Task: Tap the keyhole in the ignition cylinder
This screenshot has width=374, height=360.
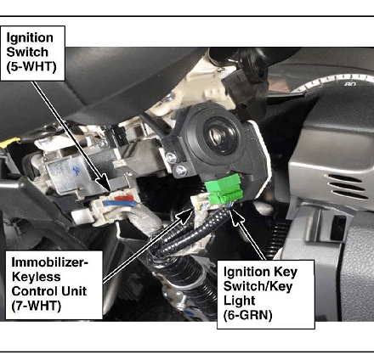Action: point(220,135)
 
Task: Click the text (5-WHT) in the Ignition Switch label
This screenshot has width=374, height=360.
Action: point(31,67)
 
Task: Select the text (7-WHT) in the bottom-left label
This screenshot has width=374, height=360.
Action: point(37,306)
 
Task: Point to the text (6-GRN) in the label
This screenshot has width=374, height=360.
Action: point(248,315)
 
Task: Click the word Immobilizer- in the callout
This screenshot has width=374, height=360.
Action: point(50,262)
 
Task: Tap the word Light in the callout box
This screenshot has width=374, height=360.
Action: point(240,301)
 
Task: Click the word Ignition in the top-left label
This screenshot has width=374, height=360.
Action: point(30,38)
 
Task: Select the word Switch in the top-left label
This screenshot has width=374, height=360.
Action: point(27,52)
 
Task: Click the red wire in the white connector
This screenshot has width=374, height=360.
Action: point(124,198)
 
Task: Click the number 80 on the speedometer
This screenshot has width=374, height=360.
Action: point(350,84)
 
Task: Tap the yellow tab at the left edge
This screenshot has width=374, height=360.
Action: point(10,143)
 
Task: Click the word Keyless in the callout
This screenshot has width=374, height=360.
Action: point(36,277)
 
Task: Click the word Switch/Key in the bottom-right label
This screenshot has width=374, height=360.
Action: point(258,286)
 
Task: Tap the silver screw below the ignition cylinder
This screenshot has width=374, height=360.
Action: point(181,171)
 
